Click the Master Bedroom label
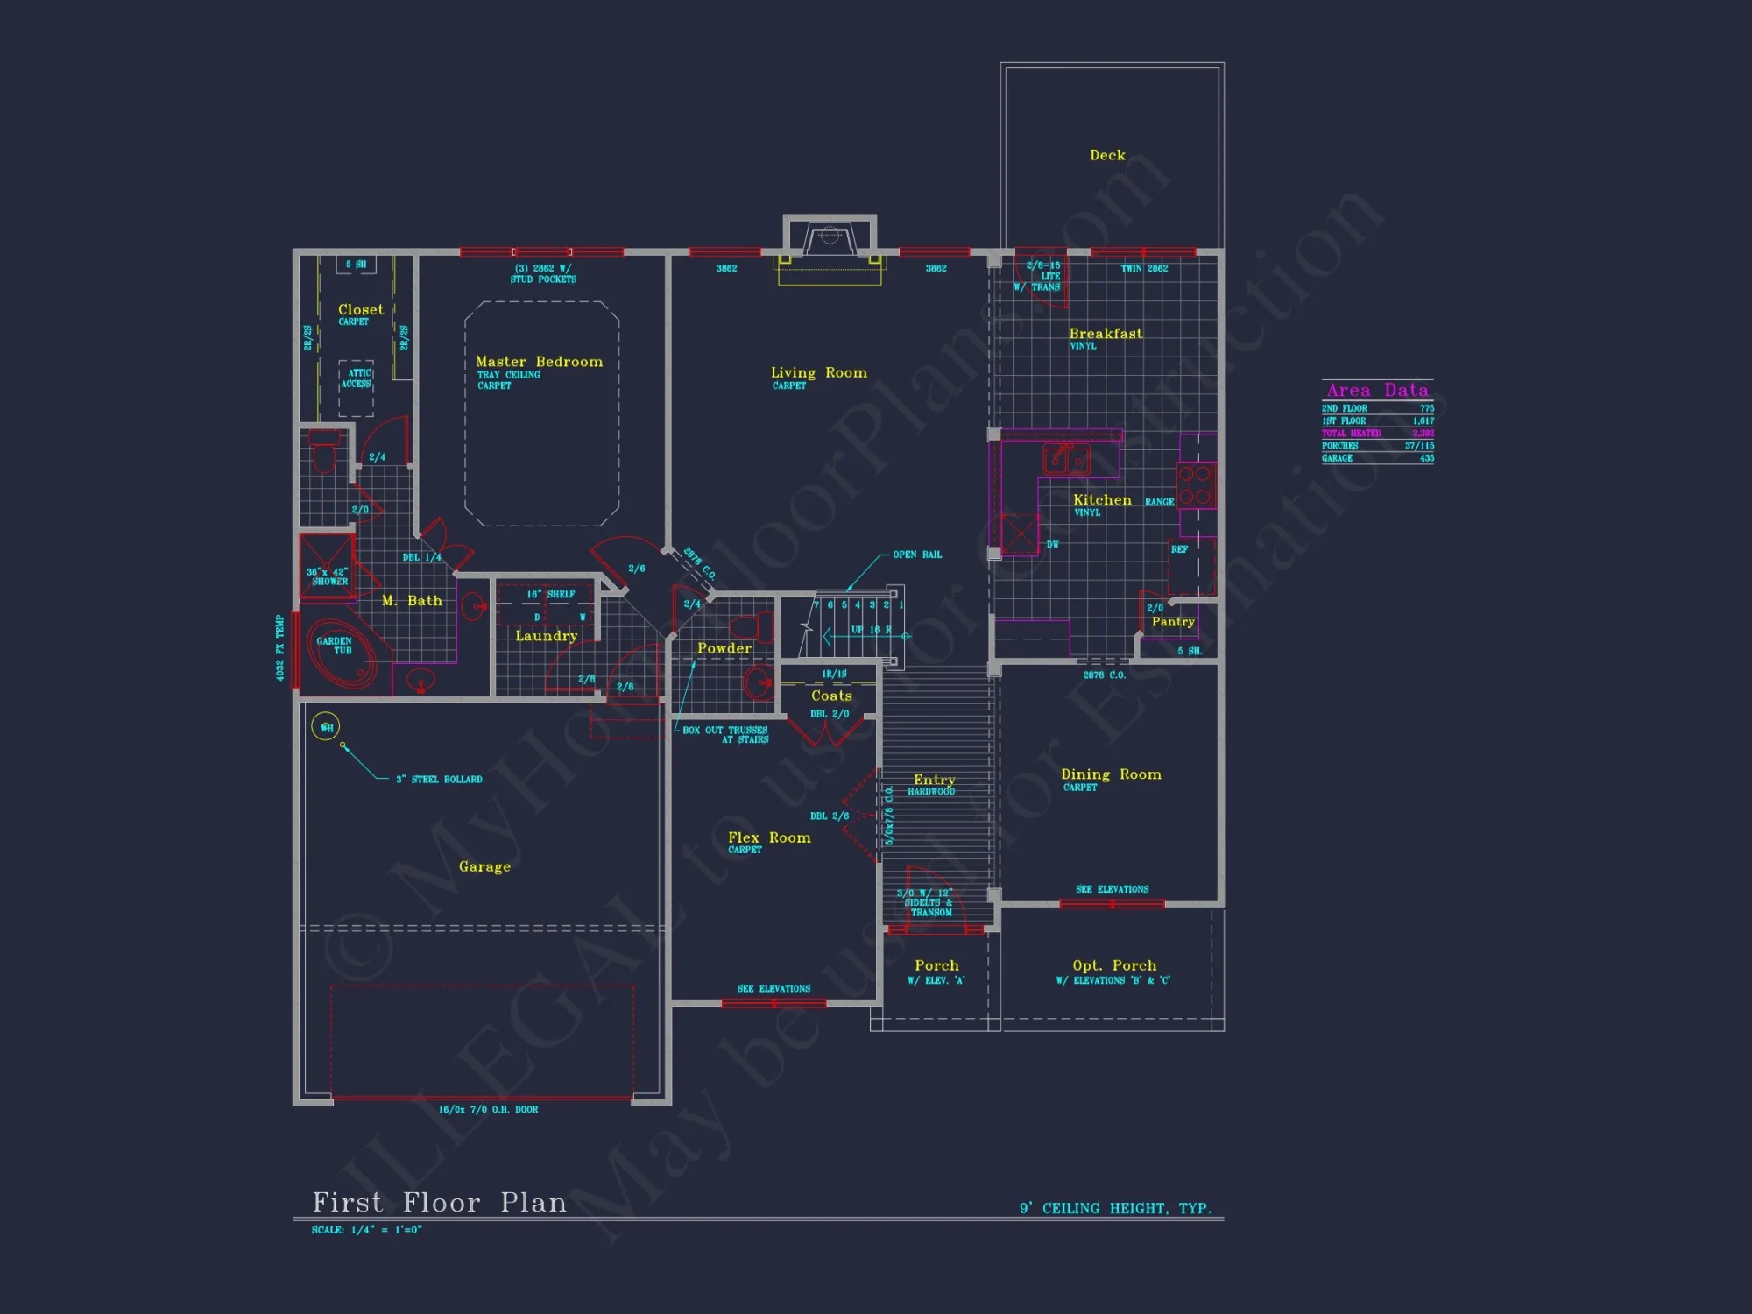[x=539, y=362]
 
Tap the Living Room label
[x=818, y=373]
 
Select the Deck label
[x=1107, y=155]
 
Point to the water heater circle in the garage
[x=326, y=726]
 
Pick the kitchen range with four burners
[x=1195, y=485]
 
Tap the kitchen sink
[x=1066, y=458]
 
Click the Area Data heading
[x=1377, y=391]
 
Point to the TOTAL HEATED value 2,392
[x=1423, y=434]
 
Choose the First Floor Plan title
[x=440, y=1203]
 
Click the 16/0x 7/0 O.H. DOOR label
[x=488, y=1110]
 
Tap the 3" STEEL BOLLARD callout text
[x=439, y=780]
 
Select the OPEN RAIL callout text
[x=917, y=555]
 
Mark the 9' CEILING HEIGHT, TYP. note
[x=1115, y=1209]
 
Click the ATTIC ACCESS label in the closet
[x=357, y=378]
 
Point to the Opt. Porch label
[x=1114, y=965]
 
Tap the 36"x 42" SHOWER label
[x=328, y=576]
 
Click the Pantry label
[x=1173, y=622]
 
